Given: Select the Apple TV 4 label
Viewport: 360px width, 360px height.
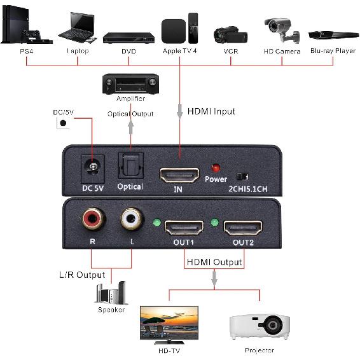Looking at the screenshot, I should point(180,51).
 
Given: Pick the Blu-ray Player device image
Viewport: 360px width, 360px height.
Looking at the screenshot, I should point(332,35).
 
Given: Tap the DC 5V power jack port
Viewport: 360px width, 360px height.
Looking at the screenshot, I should point(93,168).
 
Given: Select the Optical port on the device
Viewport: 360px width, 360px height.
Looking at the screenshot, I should point(130,167).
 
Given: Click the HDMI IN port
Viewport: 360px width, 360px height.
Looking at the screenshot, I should point(179,173).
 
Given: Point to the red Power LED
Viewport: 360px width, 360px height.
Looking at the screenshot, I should point(216,168).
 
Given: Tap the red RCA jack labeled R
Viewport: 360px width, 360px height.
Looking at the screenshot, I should point(90,220).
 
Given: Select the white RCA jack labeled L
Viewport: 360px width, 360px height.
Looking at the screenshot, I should point(131,220).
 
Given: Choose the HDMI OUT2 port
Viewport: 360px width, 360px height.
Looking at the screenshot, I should point(242,227).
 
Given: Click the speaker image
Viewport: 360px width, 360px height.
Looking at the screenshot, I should point(111,293).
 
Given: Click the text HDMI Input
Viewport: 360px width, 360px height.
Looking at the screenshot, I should point(211,111).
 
